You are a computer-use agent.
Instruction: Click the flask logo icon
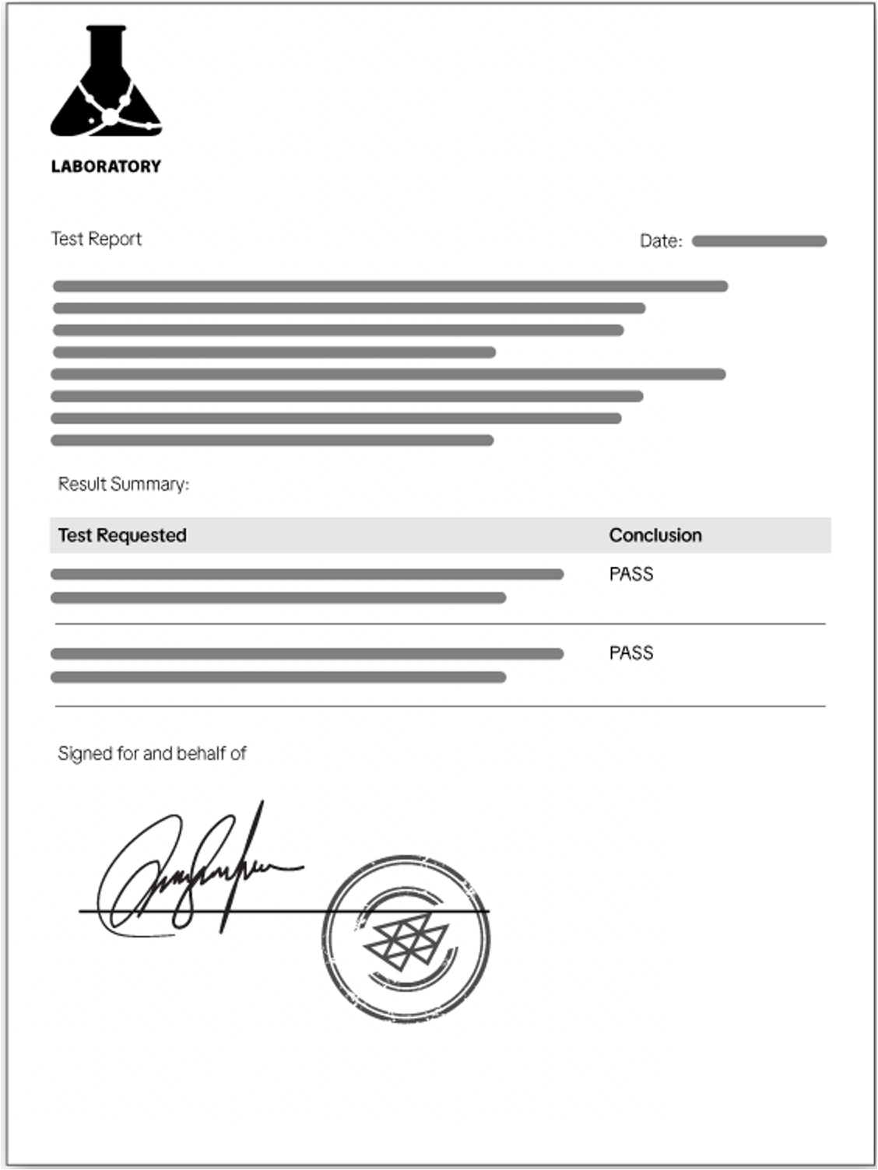tap(106, 86)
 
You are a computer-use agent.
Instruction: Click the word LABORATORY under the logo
tap(106, 166)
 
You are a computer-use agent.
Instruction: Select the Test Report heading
tap(96, 239)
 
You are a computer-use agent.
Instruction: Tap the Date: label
tap(660, 241)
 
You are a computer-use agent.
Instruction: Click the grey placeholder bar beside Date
tap(759, 241)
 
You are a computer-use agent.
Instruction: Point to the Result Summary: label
tap(123, 484)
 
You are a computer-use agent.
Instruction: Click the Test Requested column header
tap(122, 535)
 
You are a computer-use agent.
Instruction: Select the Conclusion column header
tap(655, 535)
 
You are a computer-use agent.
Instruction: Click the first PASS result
tap(631, 574)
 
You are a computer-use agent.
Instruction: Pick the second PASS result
tap(631, 653)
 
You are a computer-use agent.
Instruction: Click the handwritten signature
tap(195, 871)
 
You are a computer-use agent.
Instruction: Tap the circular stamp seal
tap(406, 938)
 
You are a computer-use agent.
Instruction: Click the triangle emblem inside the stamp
tap(406, 940)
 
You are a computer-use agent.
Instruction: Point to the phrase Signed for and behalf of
tap(152, 753)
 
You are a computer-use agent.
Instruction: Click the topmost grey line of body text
tap(390, 286)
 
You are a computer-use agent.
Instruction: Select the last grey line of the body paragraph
tap(272, 440)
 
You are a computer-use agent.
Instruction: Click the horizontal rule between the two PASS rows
tap(440, 624)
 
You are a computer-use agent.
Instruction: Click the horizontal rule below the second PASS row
tap(440, 706)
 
